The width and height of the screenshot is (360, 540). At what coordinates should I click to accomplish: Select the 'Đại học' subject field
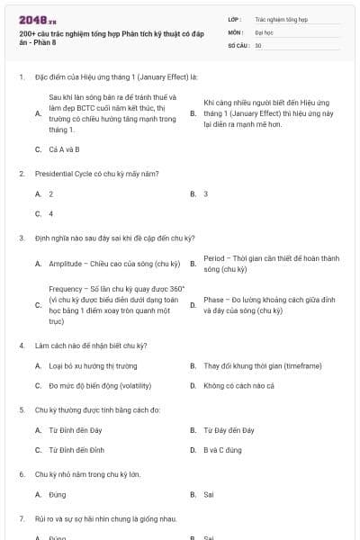pyautogui.click(x=264, y=31)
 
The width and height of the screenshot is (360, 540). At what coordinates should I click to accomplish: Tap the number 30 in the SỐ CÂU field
pyautogui.click(x=258, y=44)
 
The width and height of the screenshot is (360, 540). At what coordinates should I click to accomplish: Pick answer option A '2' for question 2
pyautogui.click(x=50, y=193)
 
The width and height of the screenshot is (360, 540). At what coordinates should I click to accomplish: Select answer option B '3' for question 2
pyautogui.click(x=206, y=193)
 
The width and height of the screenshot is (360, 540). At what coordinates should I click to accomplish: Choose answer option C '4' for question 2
pyautogui.click(x=50, y=214)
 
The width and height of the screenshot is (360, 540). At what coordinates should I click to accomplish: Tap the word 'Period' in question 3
pyautogui.click(x=215, y=258)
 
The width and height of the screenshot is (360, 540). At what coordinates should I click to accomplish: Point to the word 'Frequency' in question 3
pyautogui.click(x=65, y=289)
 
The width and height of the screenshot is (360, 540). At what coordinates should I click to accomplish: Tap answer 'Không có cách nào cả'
pyautogui.click(x=238, y=386)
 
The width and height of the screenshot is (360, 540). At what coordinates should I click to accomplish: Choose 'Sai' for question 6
pyautogui.click(x=209, y=494)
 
